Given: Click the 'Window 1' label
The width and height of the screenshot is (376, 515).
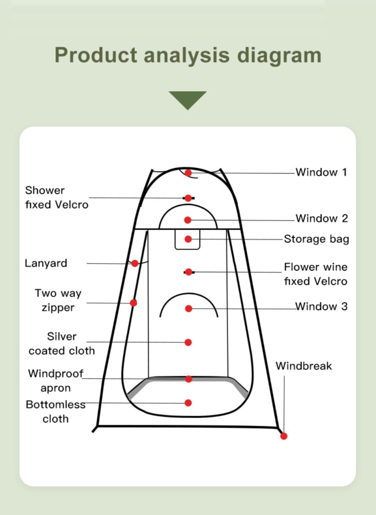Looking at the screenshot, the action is tap(321, 172).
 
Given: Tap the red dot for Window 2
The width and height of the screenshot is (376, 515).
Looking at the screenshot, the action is tap(188, 220).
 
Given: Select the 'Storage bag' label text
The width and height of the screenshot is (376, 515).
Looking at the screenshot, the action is tap(316, 239).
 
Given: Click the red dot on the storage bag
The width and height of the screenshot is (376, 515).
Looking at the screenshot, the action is tap(188, 239).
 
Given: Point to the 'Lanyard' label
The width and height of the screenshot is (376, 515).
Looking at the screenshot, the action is tap(46, 263).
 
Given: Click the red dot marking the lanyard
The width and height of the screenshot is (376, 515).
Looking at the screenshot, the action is tap(135, 264).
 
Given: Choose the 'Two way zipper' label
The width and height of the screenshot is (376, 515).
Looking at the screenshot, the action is tap(58, 300).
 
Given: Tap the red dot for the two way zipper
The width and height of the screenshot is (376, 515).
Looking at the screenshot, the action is tap(133, 303).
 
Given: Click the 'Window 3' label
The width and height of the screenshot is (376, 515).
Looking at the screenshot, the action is tap(321, 306).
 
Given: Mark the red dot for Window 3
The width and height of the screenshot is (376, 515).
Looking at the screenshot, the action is tap(188, 309).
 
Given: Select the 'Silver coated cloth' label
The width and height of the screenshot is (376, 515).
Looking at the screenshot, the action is tap(62, 344).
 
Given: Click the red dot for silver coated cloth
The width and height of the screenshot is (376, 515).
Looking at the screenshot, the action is tap(188, 342).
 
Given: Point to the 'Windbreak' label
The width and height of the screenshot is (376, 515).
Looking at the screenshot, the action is tap(304, 366).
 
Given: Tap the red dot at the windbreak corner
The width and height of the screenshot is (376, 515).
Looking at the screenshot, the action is tap(284, 436).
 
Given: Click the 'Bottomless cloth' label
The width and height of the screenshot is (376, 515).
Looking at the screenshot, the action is tap(55, 411).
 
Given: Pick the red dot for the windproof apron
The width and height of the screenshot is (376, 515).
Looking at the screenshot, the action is tap(188, 379).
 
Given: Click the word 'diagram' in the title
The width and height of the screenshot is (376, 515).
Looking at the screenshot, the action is tap(279, 56).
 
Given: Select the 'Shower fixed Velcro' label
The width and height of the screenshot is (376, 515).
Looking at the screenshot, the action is tap(57, 197).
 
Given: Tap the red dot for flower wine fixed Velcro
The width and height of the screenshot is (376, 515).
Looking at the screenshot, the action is tap(188, 272).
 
